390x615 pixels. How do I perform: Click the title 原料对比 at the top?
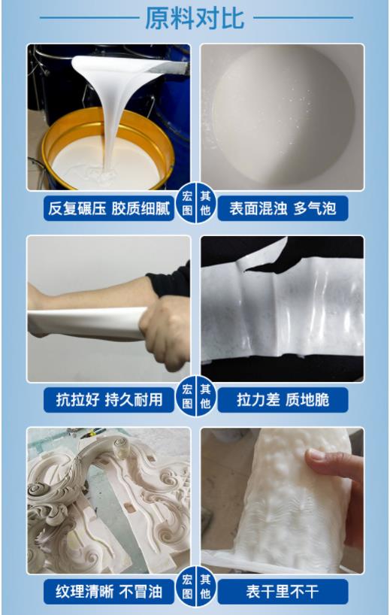pyautogui.click(x=195, y=18)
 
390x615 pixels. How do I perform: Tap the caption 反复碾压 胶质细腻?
pyautogui.click(x=109, y=208)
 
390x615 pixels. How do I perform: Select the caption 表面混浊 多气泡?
pyautogui.click(x=283, y=208)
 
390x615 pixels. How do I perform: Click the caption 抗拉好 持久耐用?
pyautogui.click(x=109, y=399)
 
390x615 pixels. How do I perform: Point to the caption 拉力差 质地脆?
pyautogui.click(x=283, y=399)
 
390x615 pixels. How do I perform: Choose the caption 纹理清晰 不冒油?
pyautogui.click(x=109, y=592)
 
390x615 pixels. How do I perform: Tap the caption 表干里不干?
pyautogui.click(x=283, y=592)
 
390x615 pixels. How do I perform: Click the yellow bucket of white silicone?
pyautogui.click(x=105, y=150)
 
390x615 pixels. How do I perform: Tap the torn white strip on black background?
pyautogui.click(x=283, y=301)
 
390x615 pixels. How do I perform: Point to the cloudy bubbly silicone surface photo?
pyautogui.click(x=283, y=117)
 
